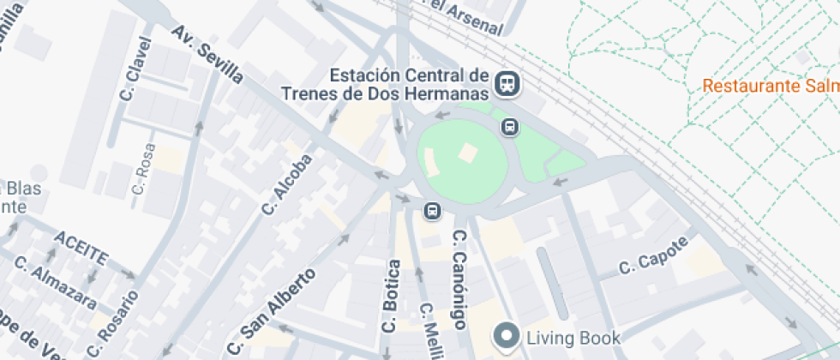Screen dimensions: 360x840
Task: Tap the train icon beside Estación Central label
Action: point(508,83)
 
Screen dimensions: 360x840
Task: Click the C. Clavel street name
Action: point(136,69)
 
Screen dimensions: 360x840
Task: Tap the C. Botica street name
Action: point(390,296)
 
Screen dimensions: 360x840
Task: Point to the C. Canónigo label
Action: point(459,279)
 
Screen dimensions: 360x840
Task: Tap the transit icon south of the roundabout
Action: point(433,210)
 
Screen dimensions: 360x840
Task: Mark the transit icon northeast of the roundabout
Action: point(510,128)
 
